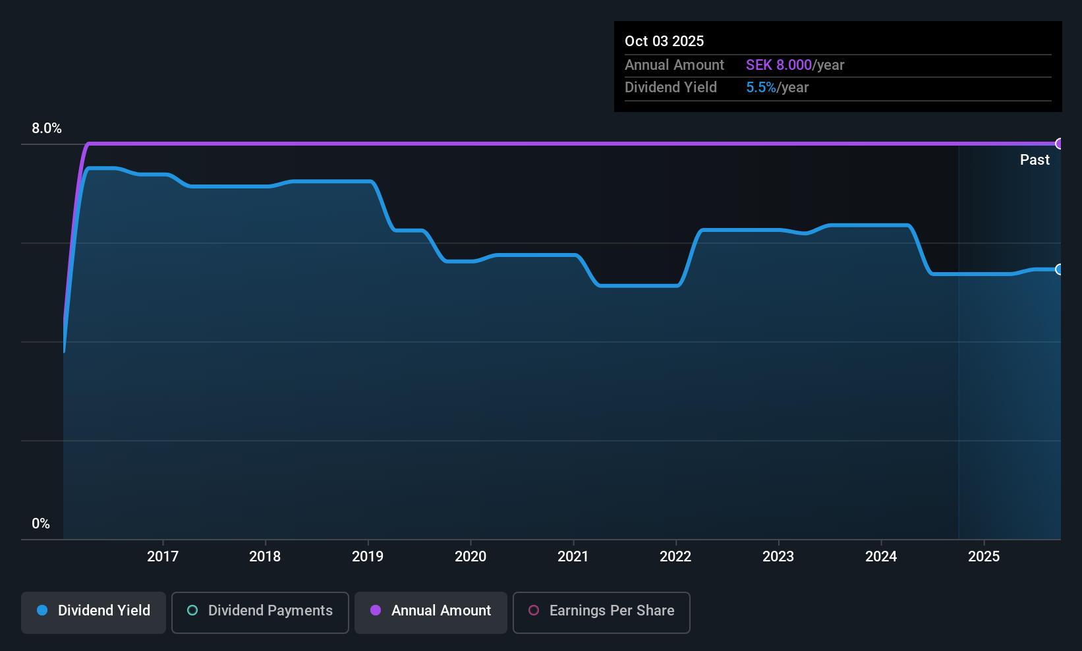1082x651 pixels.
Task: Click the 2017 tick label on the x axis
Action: tap(163, 556)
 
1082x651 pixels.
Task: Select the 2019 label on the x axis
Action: tap(368, 556)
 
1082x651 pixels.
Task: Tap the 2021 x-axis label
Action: tap(573, 556)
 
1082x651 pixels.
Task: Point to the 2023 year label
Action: tap(778, 556)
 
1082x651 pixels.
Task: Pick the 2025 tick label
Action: tap(983, 556)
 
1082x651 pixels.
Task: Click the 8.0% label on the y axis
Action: tap(47, 128)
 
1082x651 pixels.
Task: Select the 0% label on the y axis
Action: tap(41, 524)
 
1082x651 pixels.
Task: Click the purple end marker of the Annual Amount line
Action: tap(1060, 144)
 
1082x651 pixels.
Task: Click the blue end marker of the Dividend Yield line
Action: tap(1060, 269)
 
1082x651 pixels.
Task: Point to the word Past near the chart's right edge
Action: tap(1035, 160)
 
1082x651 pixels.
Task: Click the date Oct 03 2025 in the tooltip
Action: tap(664, 41)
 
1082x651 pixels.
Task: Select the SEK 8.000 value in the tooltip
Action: tap(779, 65)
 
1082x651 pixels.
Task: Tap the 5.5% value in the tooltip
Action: tap(760, 88)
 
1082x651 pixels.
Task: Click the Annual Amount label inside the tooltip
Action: tap(674, 65)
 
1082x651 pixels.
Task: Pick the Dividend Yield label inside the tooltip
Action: tap(670, 88)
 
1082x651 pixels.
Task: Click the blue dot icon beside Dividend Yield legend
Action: tap(42, 610)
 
